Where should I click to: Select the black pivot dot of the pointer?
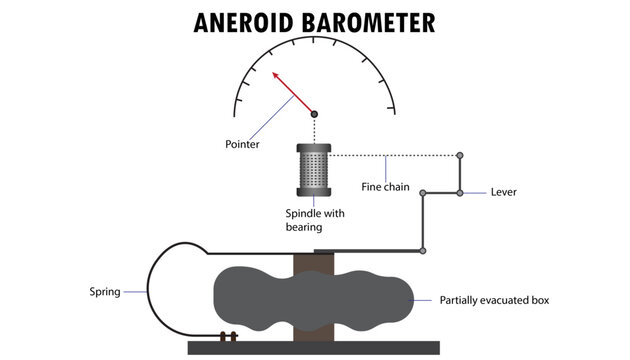coord(314,114)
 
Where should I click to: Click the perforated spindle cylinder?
coord(314,169)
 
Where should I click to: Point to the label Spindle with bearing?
coord(313,221)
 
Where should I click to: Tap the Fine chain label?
coord(385,186)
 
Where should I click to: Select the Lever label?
coord(503,192)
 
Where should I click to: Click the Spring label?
coord(105,292)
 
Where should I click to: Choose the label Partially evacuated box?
coord(494,299)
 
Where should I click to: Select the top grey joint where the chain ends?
coord(460,155)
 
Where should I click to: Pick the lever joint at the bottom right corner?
coord(423,250)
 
